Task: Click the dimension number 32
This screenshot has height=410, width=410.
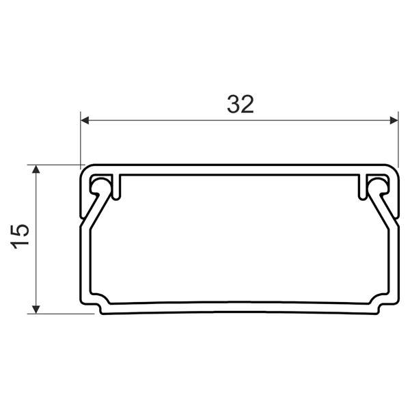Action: [240, 104]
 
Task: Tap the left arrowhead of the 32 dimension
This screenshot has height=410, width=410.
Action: [85, 121]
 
